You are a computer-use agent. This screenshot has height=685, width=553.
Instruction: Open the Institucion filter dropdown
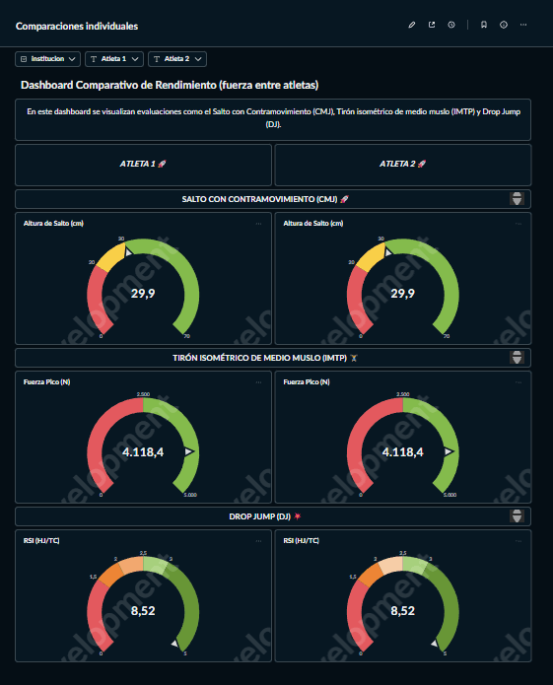pyautogui.click(x=47, y=59)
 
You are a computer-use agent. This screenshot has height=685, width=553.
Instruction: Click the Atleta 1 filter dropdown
pyautogui.click(x=114, y=59)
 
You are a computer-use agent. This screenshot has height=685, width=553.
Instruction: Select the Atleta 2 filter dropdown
pyautogui.click(x=177, y=59)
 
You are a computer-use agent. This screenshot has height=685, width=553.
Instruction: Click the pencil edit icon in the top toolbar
pyautogui.click(x=412, y=25)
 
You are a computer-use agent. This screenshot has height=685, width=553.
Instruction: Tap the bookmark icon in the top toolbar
pyautogui.click(x=483, y=25)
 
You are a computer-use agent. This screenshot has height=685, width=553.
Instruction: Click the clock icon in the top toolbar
pyautogui.click(x=450, y=25)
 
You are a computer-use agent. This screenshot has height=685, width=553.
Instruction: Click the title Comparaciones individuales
pyautogui.click(x=77, y=26)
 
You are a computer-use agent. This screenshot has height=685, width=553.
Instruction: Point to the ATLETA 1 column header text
pyautogui.click(x=142, y=164)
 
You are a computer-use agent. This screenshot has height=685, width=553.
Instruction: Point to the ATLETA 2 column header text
pyautogui.click(x=402, y=164)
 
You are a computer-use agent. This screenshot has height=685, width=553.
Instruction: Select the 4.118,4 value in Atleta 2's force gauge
pyautogui.click(x=402, y=451)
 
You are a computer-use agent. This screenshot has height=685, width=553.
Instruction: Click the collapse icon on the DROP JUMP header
pyautogui.click(x=517, y=516)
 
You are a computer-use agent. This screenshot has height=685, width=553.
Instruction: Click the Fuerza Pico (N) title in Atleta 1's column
pyautogui.click(x=45, y=381)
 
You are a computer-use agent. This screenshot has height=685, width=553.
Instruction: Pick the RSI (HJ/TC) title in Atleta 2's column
pyautogui.click(x=301, y=540)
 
